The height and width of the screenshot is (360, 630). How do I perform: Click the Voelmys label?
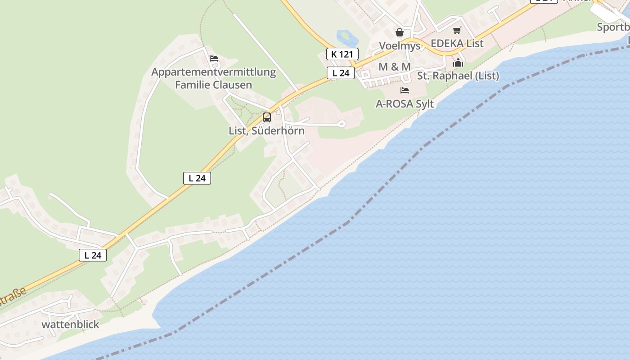pyautogui.click(x=400, y=46)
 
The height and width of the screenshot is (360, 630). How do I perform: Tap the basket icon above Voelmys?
pyautogui.click(x=400, y=32)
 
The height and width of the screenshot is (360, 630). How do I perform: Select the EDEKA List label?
pyautogui.click(x=457, y=44)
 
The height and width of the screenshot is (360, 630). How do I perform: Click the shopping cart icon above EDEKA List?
pyautogui.click(x=457, y=31)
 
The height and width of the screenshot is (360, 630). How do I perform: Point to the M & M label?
pyautogui.click(x=395, y=67)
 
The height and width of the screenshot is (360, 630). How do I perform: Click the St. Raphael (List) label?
pyautogui.click(x=458, y=76)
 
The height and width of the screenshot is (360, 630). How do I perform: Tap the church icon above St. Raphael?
pyautogui.click(x=458, y=63)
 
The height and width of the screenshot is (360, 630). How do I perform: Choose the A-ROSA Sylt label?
pyautogui.click(x=405, y=104)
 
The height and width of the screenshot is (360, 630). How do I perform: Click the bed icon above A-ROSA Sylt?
pyautogui.click(x=405, y=90)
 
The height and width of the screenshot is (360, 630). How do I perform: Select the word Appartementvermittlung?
pyautogui.click(x=213, y=72)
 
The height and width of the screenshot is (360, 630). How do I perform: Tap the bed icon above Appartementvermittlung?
pyautogui.click(x=214, y=58)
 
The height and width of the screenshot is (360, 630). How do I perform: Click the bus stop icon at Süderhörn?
pyautogui.click(x=267, y=117)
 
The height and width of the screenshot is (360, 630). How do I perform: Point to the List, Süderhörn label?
pyautogui.click(x=267, y=131)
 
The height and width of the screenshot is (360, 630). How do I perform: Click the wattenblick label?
pyautogui.click(x=70, y=324)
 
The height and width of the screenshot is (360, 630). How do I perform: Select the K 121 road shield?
pyautogui.click(x=342, y=54)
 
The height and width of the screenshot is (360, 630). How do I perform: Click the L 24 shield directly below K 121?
pyautogui.click(x=341, y=73)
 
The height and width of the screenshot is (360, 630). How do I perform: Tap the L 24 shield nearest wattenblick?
pyautogui.click(x=93, y=255)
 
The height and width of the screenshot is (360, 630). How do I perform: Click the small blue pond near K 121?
pyautogui.click(x=345, y=36)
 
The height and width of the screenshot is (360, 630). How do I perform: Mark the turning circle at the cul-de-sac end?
pyautogui.click(x=342, y=123)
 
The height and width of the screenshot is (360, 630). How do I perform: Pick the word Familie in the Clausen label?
pyautogui.click(x=192, y=85)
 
